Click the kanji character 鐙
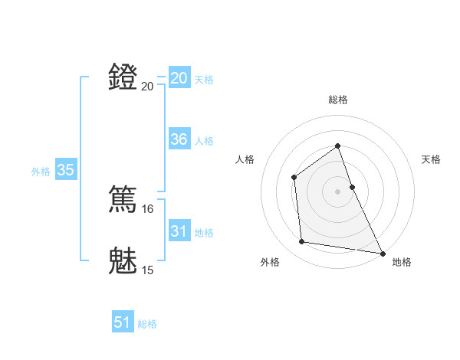[123, 77]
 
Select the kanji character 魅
[123, 260]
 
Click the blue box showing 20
[179, 78]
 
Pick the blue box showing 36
[179, 139]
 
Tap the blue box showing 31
[179, 231]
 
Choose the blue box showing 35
[66, 170]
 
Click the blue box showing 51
[123, 322]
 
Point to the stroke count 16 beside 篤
[148, 208]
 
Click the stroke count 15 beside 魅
[148, 270]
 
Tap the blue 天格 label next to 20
[204, 80]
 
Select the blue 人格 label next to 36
[204, 141]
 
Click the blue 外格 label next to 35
[41, 172]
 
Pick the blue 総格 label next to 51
[147, 324]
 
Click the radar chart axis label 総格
[337, 100]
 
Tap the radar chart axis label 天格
[431, 159]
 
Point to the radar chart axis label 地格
[402, 262]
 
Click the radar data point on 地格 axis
[383, 253]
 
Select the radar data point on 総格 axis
[337, 146]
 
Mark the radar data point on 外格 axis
[302, 242]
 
